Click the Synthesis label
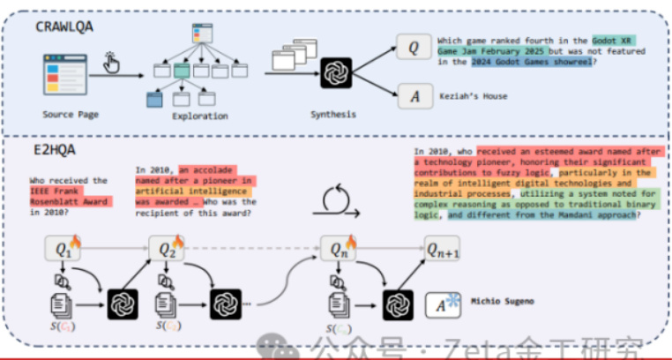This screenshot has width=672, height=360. point(334,115)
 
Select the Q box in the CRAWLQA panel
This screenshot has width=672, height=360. point(413,47)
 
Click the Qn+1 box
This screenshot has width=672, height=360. point(444,250)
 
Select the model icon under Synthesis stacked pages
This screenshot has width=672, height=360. point(335,71)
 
